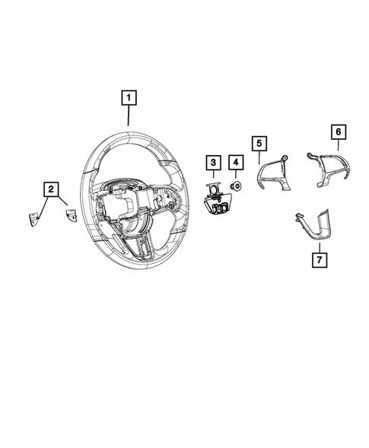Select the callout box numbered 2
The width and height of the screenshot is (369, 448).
[x=51, y=187]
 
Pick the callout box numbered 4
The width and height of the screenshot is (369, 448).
[x=236, y=162]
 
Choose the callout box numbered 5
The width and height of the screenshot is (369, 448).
[x=259, y=142]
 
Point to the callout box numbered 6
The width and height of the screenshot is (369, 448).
[x=336, y=132]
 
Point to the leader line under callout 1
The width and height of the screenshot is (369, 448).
[x=129, y=115]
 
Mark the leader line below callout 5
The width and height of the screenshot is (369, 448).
[x=259, y=158]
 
